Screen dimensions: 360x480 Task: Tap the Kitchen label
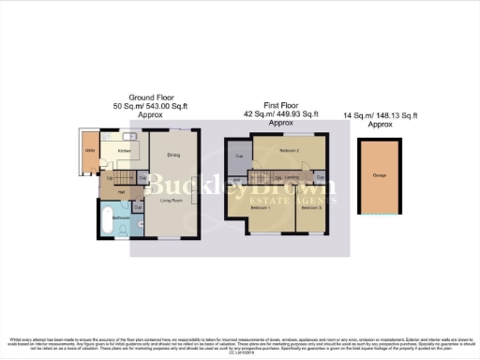[123, 150]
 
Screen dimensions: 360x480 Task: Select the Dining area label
[173, 156]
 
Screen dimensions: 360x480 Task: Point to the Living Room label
[170, 200]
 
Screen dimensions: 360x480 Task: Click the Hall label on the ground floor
[121, 191]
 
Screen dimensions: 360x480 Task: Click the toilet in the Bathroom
[138, 224]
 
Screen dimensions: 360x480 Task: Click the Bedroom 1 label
[260, 207]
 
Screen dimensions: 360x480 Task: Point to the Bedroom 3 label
[311, 207]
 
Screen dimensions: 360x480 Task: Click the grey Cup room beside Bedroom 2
[239, 157]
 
